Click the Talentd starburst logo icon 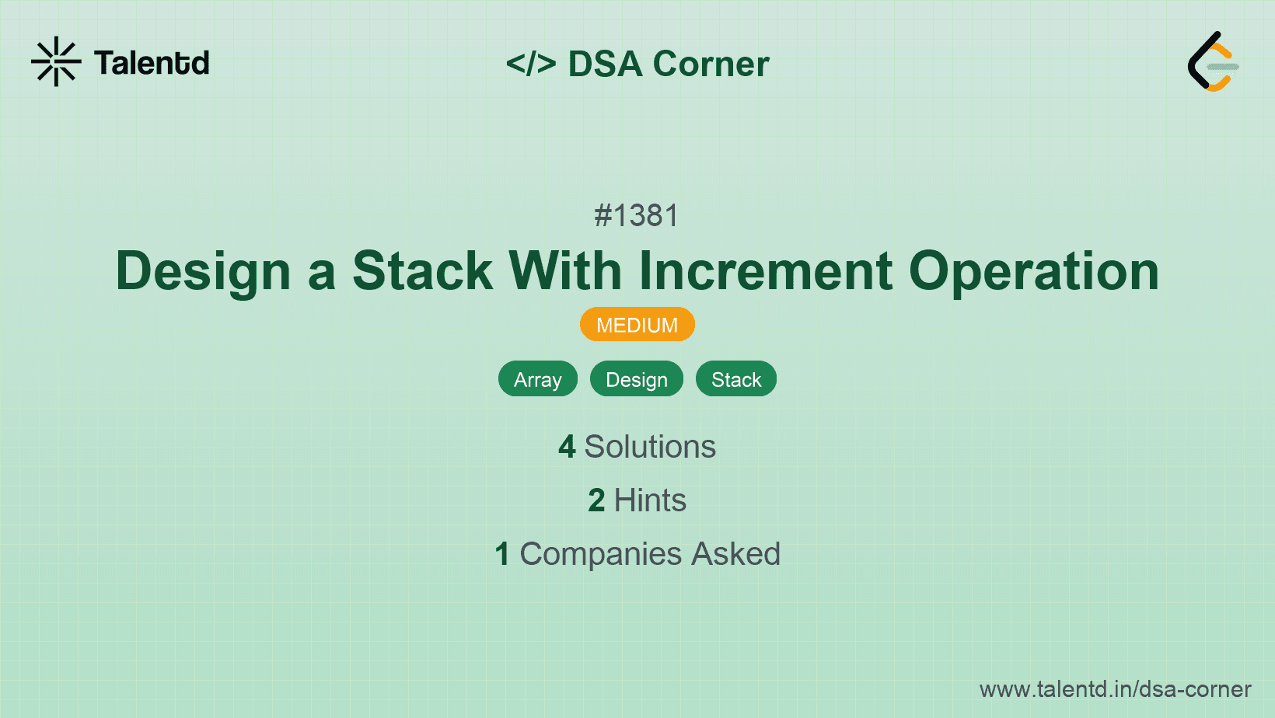[x=56, y=62]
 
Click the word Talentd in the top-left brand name [x=152, y=63]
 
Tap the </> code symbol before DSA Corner [x=531, y=64]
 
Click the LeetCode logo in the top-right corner [x=1213, y=62]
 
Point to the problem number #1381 [x=637, y=215]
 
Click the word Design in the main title [x=203, y=271]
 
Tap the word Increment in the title [x=765, y=271]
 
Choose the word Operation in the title [x=1033, y=271]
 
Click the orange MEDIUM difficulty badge [x=637, y=325]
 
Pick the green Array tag [x=537, y=379]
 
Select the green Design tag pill [x=636, y=379]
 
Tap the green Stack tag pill [x=735, y=379]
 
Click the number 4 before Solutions [x=567, y=448]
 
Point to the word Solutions [x=650, y=448]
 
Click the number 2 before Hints [x=596, y=501]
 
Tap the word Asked [x=735, y=555]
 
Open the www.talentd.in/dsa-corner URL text [x=1115, y=689]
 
